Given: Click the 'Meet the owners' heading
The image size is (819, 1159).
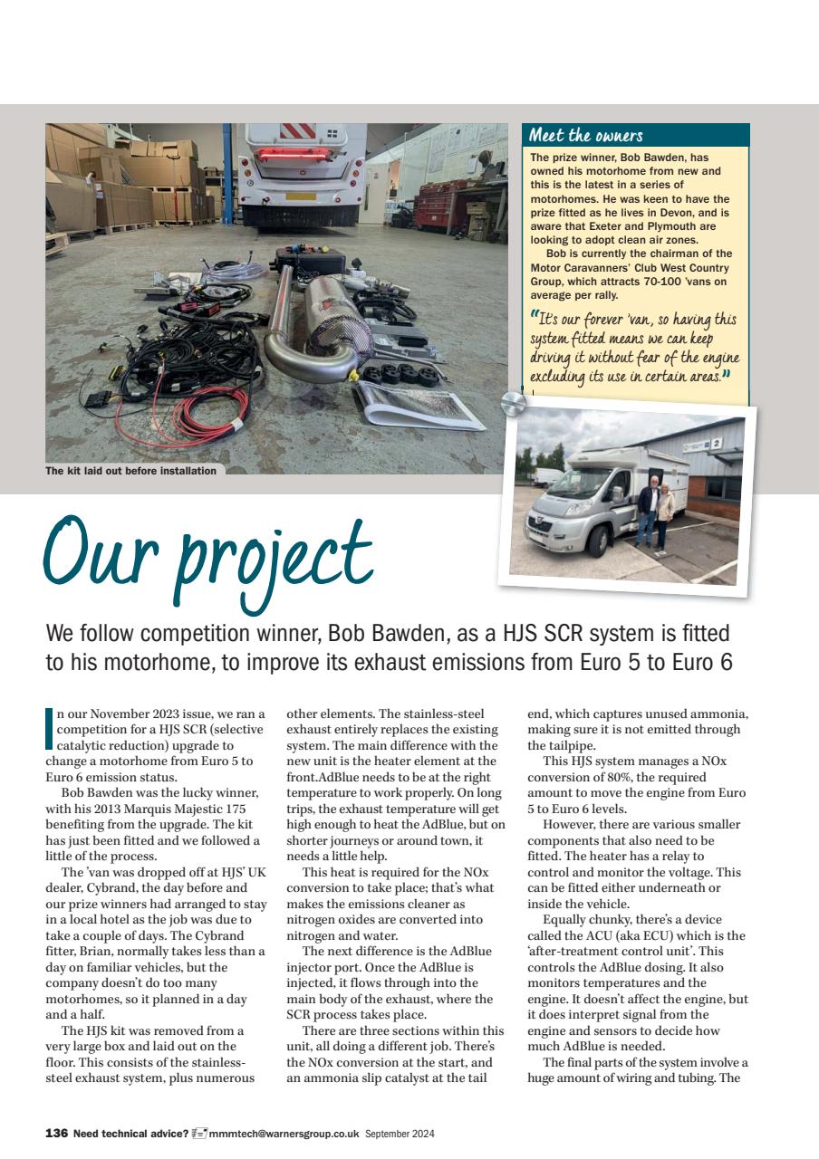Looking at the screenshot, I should tap(585, 136).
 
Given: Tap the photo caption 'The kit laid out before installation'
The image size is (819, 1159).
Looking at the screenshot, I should tap(131, 470).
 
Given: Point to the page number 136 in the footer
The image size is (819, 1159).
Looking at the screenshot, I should tap(56, 1133).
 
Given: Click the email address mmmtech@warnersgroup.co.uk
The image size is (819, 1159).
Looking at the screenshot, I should tap(284, 1133).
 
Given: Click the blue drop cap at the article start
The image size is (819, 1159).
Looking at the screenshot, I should tap(49, 728).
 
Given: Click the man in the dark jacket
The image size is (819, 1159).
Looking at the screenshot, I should tap(647, 512).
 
